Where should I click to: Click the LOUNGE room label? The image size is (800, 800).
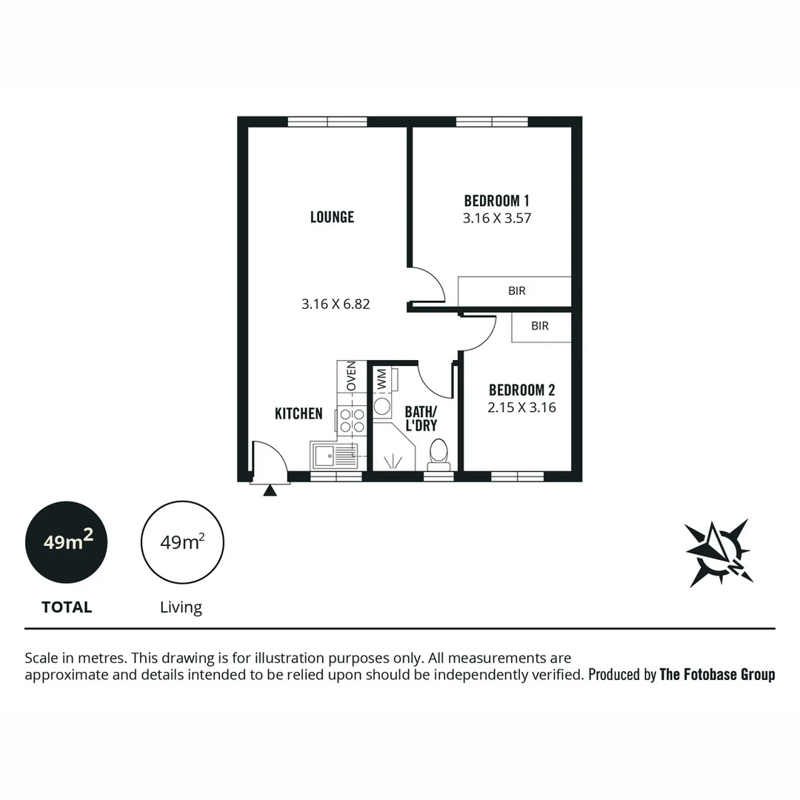[x=332, y=217]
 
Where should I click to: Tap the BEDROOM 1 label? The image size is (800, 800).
[x=496, y=200]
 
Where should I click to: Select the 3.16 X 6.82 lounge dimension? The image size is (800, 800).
[x=335, y=304]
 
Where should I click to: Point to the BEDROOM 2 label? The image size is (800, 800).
[x=521, y=390]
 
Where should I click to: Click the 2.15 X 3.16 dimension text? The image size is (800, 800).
[x=521, y=407]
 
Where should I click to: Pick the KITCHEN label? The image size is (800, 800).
[x=299, y=413]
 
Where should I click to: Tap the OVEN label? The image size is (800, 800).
[x=352, y=376]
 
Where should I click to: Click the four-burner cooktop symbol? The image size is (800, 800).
[x=352, y=421]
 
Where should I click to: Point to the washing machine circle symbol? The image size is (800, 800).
[x=382, y=406]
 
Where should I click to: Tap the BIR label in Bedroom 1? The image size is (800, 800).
[x=516, y=291]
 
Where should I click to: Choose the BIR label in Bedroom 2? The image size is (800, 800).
[x=540, y=326]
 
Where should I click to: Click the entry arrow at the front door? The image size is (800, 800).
[x=270, y=490]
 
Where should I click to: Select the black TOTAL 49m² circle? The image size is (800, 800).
[x=67, y=542]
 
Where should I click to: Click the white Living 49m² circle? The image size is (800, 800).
[x=182, y=542]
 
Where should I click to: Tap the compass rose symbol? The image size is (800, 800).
[x=717, y=553]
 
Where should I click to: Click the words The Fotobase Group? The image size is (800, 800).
[x=717, y=674]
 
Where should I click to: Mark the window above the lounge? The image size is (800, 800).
[x=327, y=122]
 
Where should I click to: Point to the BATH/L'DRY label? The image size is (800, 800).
[x=420, y=419]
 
